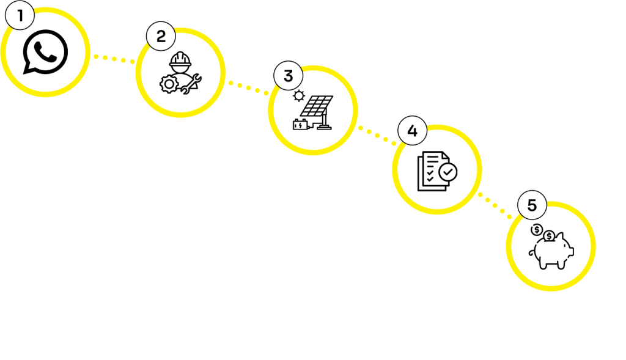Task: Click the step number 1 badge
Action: coord(21,16)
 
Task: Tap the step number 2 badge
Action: coord(161,37)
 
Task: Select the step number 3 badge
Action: coord(288,76)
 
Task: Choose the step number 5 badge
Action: coord(532,206)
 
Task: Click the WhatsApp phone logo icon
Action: coord(45,51)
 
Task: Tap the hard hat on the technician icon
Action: coord(180,59)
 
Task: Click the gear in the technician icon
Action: coord(168,84)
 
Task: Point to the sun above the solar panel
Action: coord(298,95)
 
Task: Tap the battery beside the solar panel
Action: coord(300,125)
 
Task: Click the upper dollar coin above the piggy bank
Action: coord(537,230)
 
